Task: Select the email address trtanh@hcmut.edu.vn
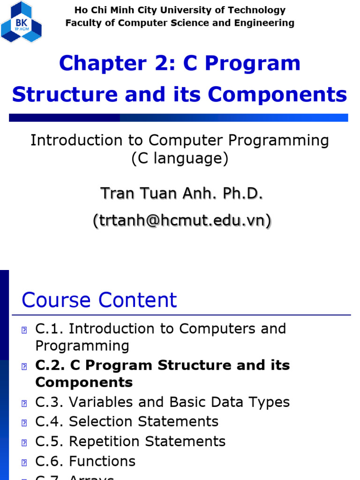point(182,220)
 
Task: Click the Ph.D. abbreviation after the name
point(244,193)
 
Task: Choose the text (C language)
point(180,159)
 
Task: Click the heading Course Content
point(99,300)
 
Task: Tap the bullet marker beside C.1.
point(24,330)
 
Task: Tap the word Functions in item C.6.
point(102,461)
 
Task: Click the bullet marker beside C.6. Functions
point(24,463)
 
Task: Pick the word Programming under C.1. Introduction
point(82,346)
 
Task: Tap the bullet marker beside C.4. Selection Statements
point(24,423)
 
